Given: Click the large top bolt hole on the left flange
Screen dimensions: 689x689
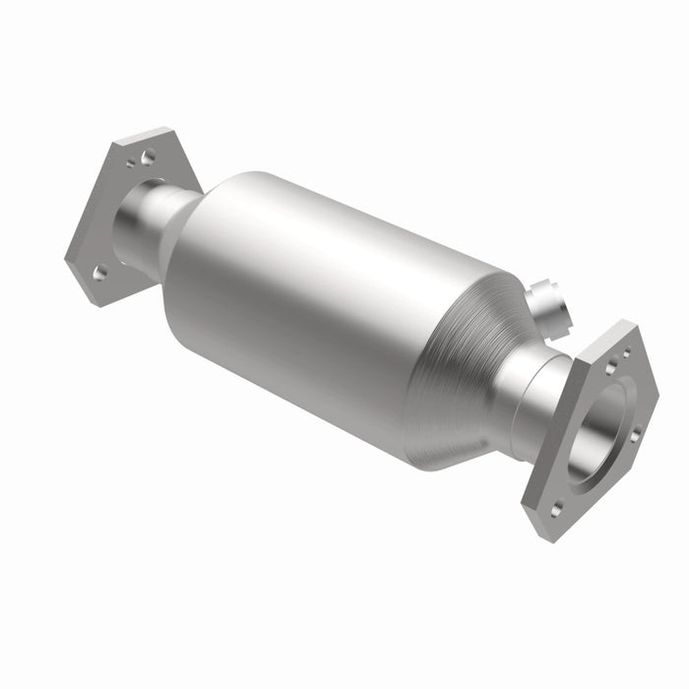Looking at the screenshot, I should click(147, 157).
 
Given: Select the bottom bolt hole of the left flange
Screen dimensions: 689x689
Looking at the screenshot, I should click(98, 273).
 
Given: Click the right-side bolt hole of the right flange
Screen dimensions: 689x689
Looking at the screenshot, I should click(635, 433).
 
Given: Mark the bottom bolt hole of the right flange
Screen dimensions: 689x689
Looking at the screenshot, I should click(558, 509).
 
